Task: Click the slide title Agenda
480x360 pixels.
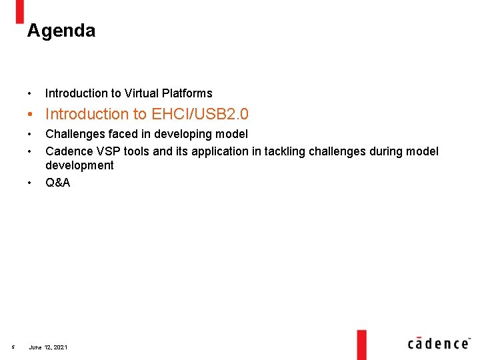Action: click(61, 31)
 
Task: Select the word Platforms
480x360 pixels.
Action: click(189, 93)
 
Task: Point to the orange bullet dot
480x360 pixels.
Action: click(31, 115)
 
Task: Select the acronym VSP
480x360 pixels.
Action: click(106, 151)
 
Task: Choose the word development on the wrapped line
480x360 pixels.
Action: click(79, 165)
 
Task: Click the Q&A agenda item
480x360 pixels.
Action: click(57, 182)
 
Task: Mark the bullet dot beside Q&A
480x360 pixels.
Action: click(31, 182)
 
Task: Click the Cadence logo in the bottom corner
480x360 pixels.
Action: click(437, 343)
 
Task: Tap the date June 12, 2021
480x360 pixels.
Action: click(48, 347)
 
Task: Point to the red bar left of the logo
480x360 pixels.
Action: click(361, 344)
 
